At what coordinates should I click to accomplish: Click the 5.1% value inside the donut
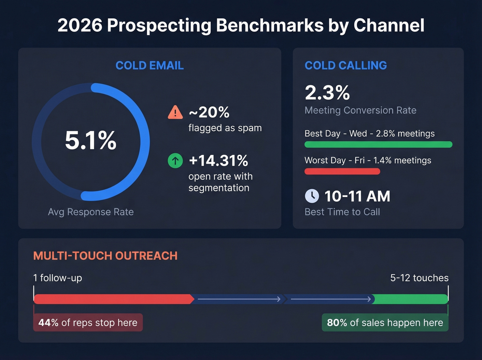click(91, 141)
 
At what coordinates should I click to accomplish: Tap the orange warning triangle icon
click(175, 112)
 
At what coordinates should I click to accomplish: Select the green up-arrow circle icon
click(175, 161)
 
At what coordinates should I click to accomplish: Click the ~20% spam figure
click(209, 112)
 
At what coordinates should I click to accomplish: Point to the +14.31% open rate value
click(218, 161)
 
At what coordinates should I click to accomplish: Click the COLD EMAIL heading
click(149, 65)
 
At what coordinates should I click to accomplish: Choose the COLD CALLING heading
click(346, 65)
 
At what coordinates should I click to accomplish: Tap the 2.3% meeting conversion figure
click(327, 93)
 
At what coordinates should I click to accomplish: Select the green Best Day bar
click(378, 144)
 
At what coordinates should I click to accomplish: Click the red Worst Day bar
click(342, 171)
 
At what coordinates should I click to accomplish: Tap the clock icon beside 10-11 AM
click(312, 196)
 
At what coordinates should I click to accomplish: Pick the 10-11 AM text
click(357, 196)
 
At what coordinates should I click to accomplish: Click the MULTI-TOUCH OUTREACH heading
click(105, 256)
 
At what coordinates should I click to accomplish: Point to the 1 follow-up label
click(57, 278)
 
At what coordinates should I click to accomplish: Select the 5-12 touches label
click(419, 278)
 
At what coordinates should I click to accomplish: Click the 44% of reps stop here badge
click(88, 322)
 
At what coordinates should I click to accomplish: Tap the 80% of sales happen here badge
click(385, 322)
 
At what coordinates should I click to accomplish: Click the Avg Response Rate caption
click(91, 212)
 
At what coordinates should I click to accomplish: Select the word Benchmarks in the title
click(270, 25)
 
